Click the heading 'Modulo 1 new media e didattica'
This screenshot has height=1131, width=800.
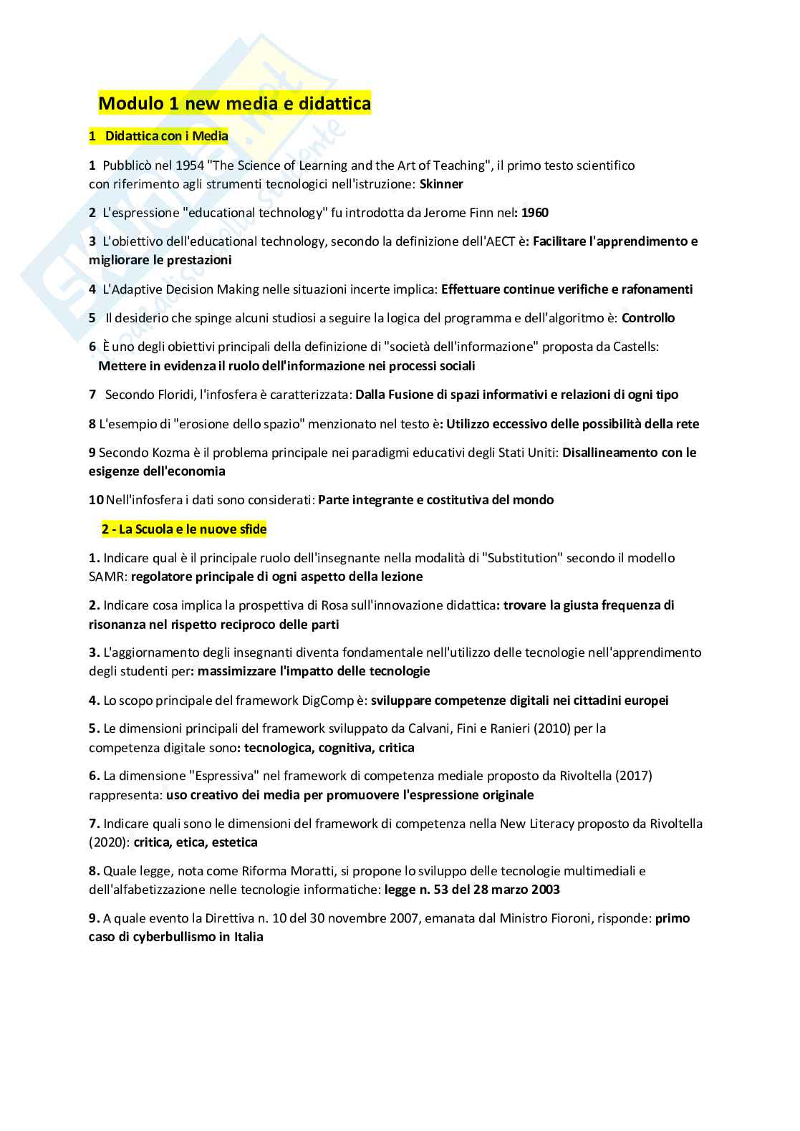coord(234,104)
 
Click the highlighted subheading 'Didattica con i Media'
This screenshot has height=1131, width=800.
coord(166,135)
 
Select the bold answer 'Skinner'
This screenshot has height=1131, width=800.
coord(441,184)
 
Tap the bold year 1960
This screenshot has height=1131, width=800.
coord(535,213)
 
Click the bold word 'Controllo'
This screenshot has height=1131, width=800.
coord(648,318)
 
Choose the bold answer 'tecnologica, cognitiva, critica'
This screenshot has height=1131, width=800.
coord(329,748)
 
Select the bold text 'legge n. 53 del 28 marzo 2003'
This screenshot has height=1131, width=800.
coord(472,890)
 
